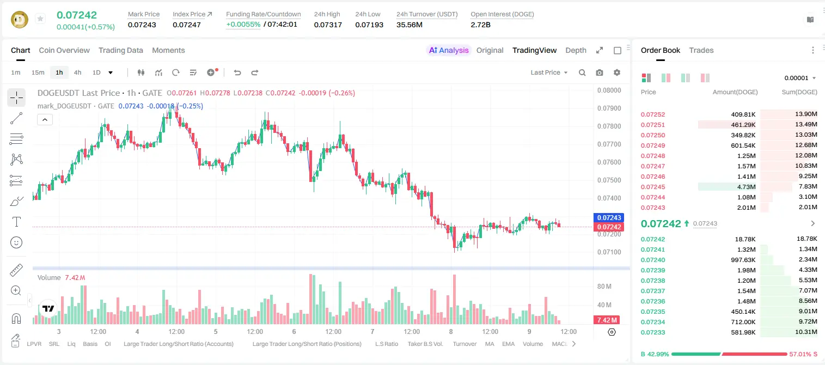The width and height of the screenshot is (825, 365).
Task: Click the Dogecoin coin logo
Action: coord(20,20)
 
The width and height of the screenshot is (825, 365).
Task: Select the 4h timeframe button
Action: coord(77,72)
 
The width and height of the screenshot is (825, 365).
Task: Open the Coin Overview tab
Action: coord(64,50)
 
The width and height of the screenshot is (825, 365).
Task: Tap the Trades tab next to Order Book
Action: coord(701,50)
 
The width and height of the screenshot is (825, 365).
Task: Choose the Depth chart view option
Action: coord(576,50)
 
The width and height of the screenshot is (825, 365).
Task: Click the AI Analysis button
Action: coord(449,50)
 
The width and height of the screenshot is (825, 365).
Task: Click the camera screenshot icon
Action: coord(599,72)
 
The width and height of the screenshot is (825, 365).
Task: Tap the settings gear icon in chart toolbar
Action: coord(617,72)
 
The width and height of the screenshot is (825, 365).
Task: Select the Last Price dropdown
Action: coord(549,72)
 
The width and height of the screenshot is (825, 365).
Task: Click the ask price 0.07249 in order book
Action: coord(652,145)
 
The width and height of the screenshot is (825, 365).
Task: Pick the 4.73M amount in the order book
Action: coord(746,187)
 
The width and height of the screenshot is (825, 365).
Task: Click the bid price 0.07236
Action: coord(652,301)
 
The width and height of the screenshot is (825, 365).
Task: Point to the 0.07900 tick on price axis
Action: coord(609,108)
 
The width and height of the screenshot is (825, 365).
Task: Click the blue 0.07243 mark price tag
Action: coord(609,218)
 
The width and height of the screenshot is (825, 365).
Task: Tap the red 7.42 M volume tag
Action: coord(607,320)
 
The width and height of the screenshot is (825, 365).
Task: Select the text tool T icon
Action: coord(16,222)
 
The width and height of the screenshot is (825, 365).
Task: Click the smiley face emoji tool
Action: coord(16,242)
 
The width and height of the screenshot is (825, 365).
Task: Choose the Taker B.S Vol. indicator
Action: coord(425,344)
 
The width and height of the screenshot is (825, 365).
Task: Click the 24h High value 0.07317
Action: coord(328,25)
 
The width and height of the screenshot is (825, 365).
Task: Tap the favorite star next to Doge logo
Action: coord(40,19)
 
